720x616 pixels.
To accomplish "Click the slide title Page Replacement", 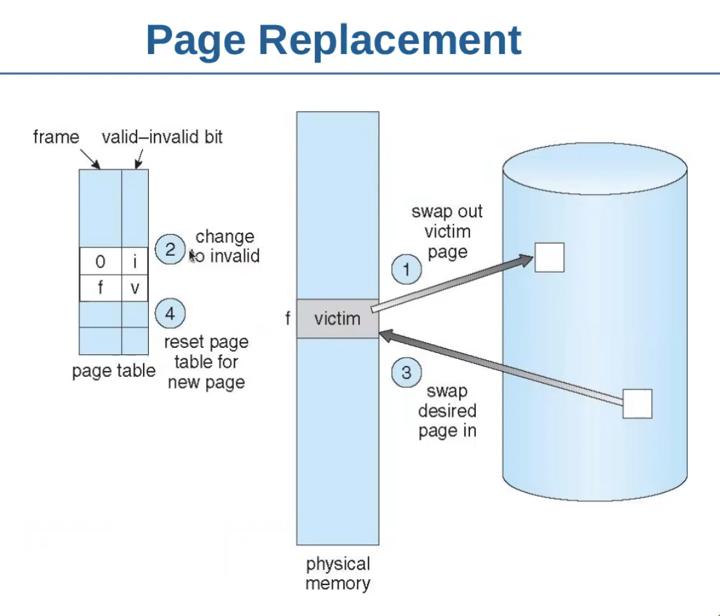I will (x=334, y=40).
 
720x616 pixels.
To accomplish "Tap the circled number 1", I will (x=406, y=269).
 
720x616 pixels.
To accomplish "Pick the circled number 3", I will (x=406, y=373).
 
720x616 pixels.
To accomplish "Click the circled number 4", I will (x=170, y=314).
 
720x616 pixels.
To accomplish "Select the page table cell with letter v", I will (x=135, y=288).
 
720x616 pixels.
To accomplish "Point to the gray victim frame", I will (x=337, y=318).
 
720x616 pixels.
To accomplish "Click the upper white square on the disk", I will (x=549, y=258).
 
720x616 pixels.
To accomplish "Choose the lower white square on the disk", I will (x=638, y=404).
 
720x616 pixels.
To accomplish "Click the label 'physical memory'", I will (x=337, y=574).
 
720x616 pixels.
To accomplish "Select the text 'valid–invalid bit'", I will (x=162, y=137).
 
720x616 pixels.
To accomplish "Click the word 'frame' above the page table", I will (x=56, y=137).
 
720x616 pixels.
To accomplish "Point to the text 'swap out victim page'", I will (x=447, y=231).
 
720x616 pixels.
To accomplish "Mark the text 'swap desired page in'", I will (x=447, y=411).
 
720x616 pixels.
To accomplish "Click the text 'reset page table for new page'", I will (x=206, y=362).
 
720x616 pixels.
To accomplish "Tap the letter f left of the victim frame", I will (x=287, y=318).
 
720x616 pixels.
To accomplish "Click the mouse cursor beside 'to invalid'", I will (x=193, y=256).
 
